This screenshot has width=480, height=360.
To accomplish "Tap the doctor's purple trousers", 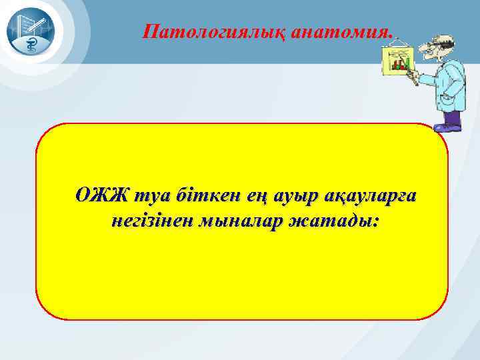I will pos(453,116).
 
